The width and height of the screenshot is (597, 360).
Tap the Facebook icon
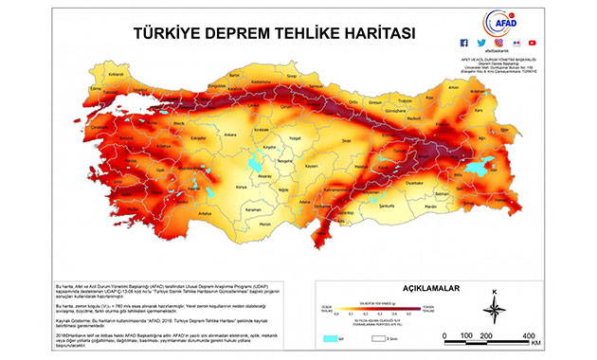click(463, 43)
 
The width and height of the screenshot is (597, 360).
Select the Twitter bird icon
click(480, 43)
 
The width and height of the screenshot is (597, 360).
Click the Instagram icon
click(497, 43)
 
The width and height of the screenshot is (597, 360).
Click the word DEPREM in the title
click(224, 31)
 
